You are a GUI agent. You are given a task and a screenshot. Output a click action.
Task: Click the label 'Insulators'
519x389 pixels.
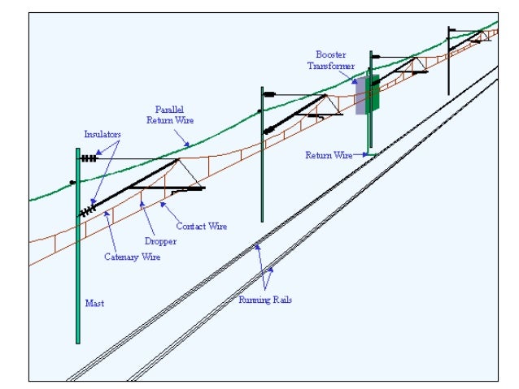[101, 133]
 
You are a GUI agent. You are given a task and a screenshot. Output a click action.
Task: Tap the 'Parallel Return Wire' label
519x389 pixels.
[166, 114]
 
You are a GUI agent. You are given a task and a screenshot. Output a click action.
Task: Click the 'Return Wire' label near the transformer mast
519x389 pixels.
[329, 155]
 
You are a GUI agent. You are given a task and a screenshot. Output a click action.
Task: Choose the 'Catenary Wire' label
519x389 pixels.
[132, 257]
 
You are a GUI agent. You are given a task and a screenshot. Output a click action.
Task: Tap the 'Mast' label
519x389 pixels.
[94, 304]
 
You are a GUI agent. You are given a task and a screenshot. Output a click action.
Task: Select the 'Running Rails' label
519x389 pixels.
[265, 300]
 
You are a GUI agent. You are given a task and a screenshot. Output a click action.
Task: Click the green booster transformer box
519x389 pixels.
[373, 93]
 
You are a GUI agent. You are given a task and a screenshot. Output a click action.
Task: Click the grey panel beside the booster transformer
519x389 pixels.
[361, 96]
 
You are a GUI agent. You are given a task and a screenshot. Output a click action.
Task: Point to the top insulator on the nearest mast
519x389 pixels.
[88, 159]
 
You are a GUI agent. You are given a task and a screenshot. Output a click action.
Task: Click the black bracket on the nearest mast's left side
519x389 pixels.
[72, 182]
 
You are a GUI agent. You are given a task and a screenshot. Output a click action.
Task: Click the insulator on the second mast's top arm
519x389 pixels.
[269, 94]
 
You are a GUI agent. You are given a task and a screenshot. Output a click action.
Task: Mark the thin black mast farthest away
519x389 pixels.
[448, 61]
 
